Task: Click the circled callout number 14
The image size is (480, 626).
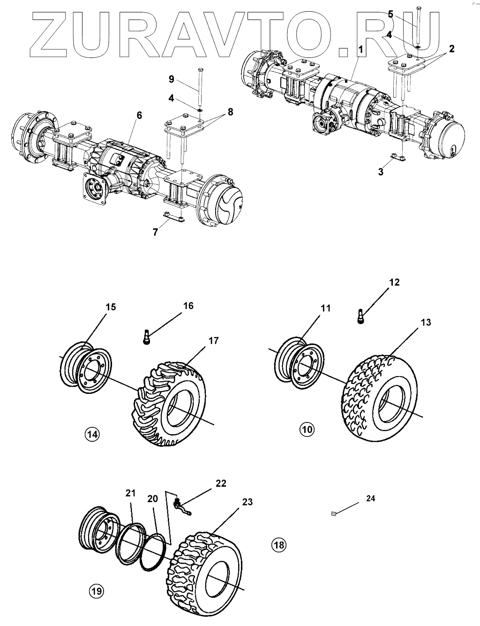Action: tap(92, 434)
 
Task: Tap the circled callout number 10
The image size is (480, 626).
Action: tap(307, 429)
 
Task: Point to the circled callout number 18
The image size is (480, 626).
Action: tap(278, 544)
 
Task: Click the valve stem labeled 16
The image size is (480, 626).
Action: tap(146, 337)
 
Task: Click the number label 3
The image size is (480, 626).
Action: tap(381, 172)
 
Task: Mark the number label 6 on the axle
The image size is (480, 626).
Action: tap(140, 115)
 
